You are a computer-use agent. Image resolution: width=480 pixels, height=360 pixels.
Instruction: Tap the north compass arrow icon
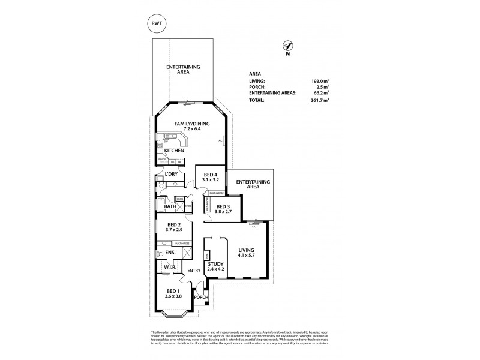pos(288,47)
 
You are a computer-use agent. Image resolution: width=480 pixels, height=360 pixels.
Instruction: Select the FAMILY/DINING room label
pos(188,124)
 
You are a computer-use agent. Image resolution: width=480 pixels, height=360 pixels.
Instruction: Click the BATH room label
pos(170,208)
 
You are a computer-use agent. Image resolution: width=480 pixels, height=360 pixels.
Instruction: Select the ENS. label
pos(161,253)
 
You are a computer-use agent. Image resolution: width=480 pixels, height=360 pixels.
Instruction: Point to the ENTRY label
pos(193,271)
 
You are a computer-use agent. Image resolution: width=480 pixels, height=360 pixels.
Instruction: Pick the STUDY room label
pos(215,264)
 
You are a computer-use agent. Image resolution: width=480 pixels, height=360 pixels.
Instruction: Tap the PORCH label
pos(200,296)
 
